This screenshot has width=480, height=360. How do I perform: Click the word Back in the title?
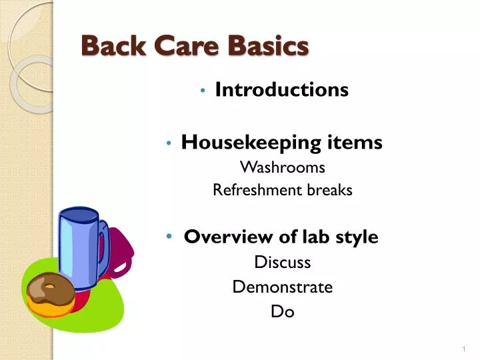click(107, 46)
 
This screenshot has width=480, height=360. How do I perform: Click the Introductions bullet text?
click(281, 89)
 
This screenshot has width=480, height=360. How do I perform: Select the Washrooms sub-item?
click(282, 167)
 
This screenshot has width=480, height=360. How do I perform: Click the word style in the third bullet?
click(357, 237)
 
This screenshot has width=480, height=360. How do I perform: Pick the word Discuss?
click(283, 263)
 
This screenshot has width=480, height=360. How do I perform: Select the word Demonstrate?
click(282, 287)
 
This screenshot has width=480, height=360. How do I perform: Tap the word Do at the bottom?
click(283, 311)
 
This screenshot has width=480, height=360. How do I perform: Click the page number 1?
click(463, 350)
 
